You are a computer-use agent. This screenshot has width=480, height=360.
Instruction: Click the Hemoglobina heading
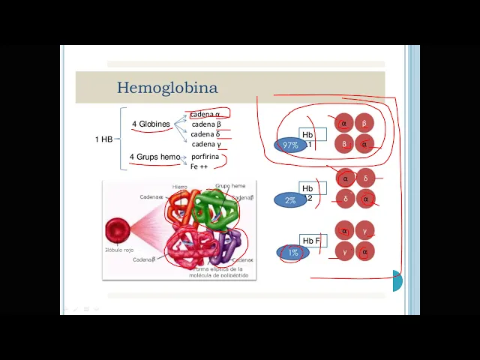tap(167, 88)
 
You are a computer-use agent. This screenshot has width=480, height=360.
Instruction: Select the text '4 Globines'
tap(151, 124)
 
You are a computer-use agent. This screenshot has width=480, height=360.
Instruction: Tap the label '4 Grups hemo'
tap(154, 157)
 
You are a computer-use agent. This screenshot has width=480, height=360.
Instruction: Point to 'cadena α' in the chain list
tap(205, 115)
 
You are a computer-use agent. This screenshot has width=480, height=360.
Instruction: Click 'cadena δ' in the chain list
tap(205, 134)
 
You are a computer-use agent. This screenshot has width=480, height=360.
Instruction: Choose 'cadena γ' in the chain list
tap(206, 144)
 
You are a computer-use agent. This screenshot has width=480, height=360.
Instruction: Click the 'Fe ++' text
tap(199, 166)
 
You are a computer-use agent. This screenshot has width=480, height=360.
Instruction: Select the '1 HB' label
tap(103, 139)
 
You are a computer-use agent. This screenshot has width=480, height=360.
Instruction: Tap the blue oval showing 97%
tap(290, 145)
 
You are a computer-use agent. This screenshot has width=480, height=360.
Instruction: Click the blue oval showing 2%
tap(290, 200)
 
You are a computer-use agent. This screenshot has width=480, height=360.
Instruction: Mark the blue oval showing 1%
tap(292, 253)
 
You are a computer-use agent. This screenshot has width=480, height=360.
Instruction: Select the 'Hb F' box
tap(311, 241)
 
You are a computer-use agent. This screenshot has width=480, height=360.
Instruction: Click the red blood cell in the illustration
tap(118, 231)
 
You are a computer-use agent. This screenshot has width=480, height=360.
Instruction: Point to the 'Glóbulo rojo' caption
tap(118, 249)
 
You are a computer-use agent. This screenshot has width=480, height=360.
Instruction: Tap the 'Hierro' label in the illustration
tap(180, 186)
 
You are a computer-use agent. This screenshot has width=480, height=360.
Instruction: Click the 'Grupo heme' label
tap(230, 185)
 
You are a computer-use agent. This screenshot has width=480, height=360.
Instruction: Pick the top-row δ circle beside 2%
tap(365, 178)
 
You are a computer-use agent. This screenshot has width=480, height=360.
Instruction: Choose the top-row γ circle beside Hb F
tap(365, 232)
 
